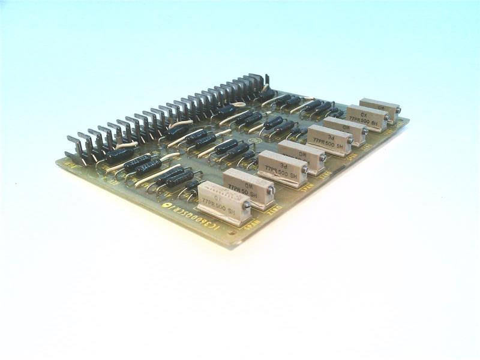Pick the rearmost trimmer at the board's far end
click(379, 109)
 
